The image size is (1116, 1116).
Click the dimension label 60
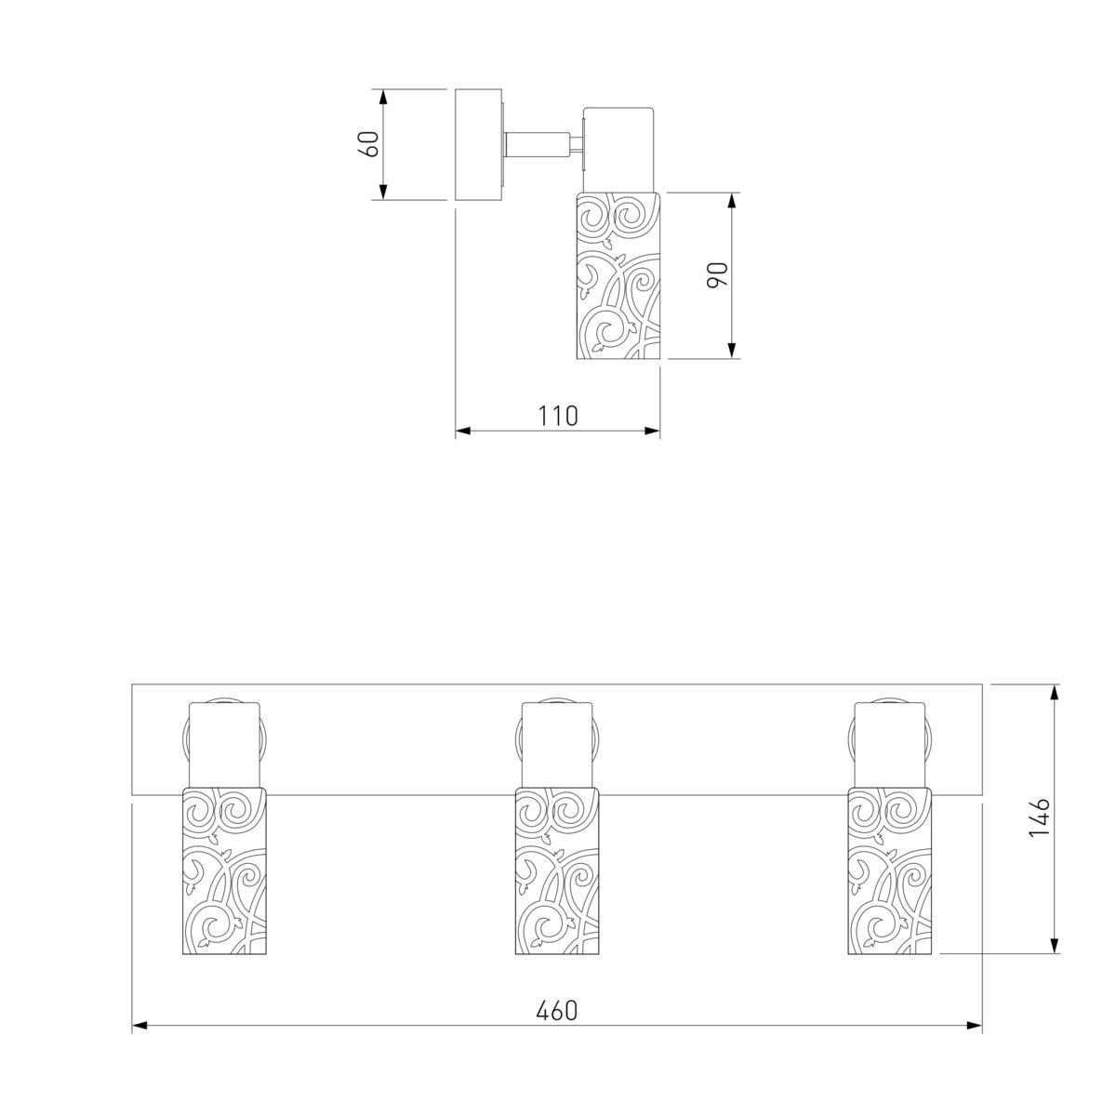pos(369,143)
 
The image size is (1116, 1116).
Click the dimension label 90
pos(717,274)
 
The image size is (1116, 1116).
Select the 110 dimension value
pos(558,416)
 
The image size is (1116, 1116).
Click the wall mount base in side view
pos(478,145)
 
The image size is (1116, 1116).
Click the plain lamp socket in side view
pos(618,150)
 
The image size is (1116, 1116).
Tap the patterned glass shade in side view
pos(618,275)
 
